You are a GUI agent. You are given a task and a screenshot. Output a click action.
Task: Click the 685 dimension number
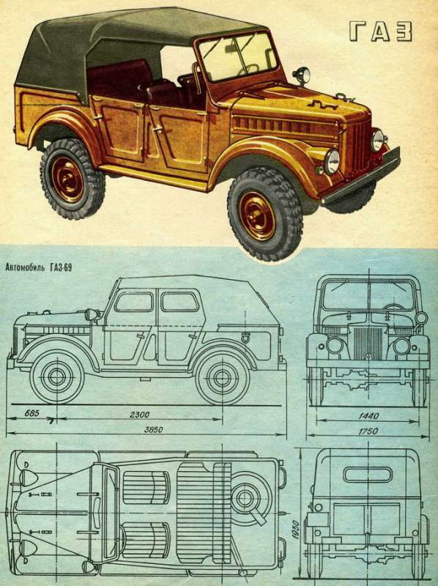point(32,414)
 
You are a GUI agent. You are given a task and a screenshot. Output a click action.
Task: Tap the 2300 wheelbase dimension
point(139,415)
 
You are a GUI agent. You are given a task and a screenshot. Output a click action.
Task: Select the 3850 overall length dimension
point(154,430)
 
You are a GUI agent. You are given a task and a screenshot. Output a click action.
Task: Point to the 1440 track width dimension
point(368,416)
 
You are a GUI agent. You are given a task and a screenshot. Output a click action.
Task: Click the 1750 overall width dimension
point(368,431)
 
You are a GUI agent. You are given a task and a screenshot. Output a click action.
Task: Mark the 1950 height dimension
point(296,529)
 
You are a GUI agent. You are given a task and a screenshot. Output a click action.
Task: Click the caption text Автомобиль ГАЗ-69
point(39,268)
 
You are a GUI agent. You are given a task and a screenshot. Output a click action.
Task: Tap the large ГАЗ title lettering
point(381,31)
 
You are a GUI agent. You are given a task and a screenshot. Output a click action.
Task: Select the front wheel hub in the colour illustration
point(258,216)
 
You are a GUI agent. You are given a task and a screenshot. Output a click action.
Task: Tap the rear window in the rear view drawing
point(368,474)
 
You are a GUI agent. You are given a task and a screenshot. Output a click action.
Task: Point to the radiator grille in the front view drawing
point(368,343)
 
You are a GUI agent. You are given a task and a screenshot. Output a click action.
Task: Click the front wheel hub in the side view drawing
point(57,377)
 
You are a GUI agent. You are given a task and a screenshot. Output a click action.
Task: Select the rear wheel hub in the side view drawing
point(223,378)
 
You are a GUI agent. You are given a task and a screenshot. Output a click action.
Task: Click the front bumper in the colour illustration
point(361,176)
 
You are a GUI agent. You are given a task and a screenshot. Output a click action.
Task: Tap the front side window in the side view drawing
point(133,303)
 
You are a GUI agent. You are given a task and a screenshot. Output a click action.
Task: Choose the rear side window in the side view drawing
point(179,302)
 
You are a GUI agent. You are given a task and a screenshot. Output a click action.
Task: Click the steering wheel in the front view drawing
point(393,307)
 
